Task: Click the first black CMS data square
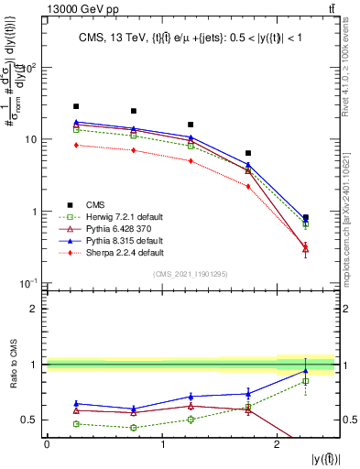coord(76,106)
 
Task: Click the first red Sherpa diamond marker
coord(76,145)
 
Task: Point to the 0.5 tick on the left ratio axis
coord(35,420)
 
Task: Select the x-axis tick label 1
coord(162,444)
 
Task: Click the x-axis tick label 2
coord(278,444)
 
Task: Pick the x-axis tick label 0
coord(47,444)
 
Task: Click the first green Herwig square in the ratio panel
coord(76,424)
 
